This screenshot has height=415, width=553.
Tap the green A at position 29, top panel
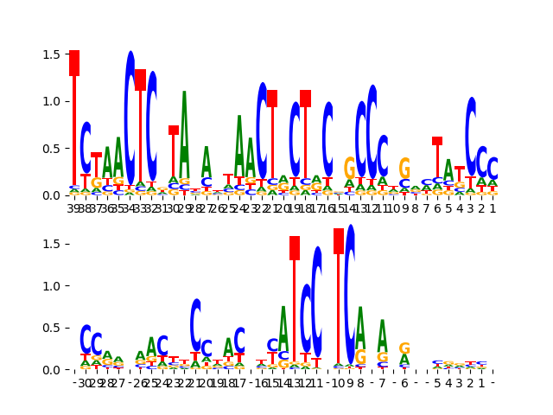(184, 134)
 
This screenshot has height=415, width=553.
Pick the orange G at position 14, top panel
(349, 168)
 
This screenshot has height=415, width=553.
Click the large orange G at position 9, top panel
(404, 169)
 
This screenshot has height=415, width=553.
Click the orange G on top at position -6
(404, 348)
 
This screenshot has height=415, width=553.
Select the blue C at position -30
(86, 339)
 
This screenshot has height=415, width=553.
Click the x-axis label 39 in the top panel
(74, 207)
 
